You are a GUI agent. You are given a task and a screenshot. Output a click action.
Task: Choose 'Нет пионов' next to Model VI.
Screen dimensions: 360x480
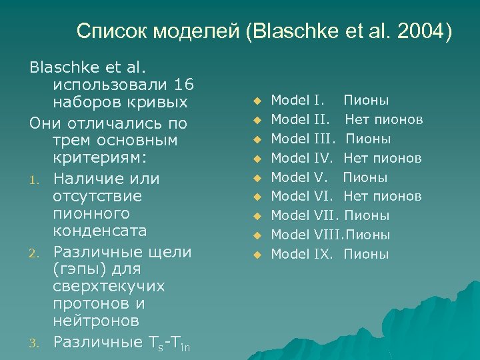pos(383,196)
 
